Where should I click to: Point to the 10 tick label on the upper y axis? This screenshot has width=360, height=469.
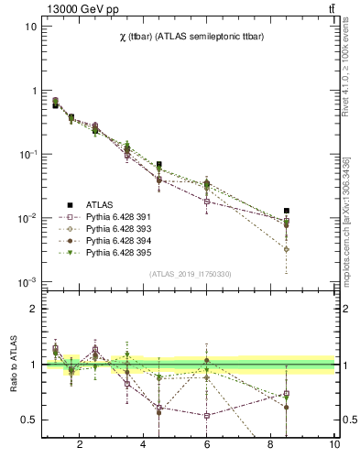point(30,27)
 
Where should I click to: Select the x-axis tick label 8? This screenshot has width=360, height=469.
point(271,445)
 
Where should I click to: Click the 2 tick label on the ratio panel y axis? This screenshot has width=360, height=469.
point(33,310)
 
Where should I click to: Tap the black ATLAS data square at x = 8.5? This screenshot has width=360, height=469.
point(287,211)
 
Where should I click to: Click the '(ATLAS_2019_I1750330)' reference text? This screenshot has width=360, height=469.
point(189,275)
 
